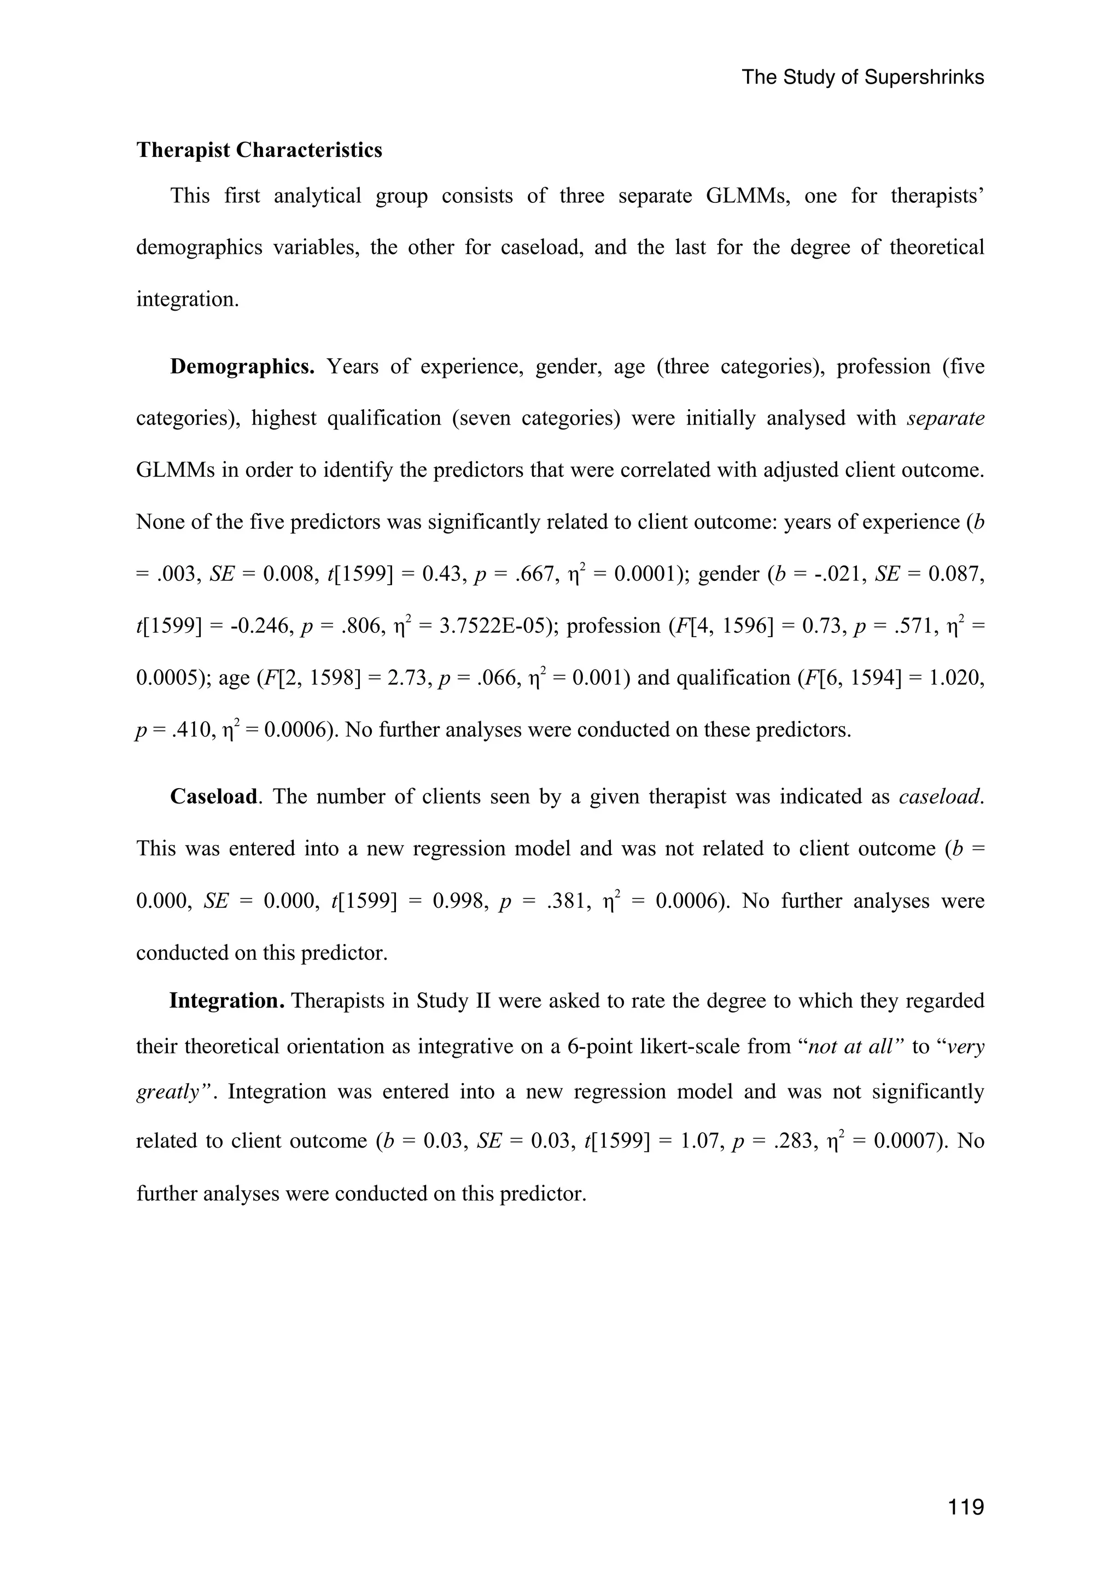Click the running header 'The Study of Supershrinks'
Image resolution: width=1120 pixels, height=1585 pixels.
[x=862, y=77]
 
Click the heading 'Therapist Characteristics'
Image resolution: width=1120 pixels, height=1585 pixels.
[x=259, y=150]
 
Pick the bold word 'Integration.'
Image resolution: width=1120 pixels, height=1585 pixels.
[x=227, y=1000]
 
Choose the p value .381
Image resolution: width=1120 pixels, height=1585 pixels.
[x=569, y=901]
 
